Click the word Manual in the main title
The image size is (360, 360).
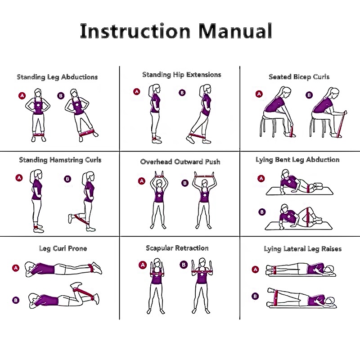coord(235,31)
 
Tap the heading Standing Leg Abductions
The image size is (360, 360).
coord(58,77)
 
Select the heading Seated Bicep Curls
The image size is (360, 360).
coord(299,76)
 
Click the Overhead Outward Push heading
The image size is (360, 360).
coord(180,162)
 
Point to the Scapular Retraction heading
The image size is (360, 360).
coord(177,248)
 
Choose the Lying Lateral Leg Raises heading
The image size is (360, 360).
coord(302,249)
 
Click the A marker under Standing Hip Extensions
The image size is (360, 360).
coord(137,92)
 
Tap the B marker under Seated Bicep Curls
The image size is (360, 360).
coord(309,95)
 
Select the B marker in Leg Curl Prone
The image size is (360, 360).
coord(16,300)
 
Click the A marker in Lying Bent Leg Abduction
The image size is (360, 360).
coord(261,178)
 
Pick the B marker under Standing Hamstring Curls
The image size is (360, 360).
coord(67,179)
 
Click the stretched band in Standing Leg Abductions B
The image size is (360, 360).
coord(86,133)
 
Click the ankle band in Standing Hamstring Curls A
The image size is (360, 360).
coord(37,228)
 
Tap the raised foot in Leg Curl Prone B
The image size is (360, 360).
coord(76,285)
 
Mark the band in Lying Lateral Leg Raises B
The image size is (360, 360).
coord(276,298)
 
